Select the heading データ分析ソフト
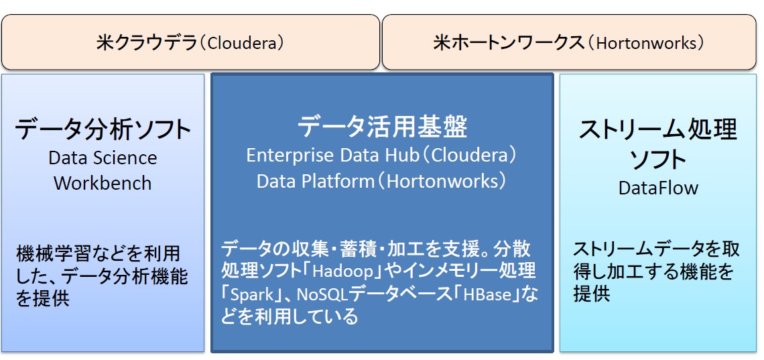(103, 130)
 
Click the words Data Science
(103, 158)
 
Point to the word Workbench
(103, 184)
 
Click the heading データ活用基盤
(382, 127)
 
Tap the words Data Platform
(315, 181)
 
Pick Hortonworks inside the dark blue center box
(441, 181)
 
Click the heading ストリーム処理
(658, 131)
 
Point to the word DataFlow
(658, 188)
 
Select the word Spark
(251, 295)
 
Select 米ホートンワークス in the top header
(508, 44)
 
